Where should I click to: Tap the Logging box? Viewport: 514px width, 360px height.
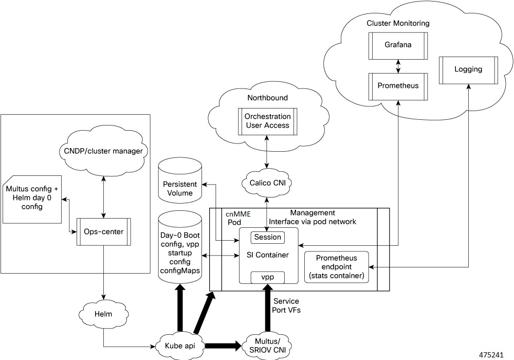(x=468, y=69)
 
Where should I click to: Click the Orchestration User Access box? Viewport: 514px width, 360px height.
(x=267, y=121)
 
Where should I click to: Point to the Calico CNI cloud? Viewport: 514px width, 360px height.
(x=266, y=182)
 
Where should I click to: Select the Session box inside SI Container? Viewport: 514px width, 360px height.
(x=267, y=237)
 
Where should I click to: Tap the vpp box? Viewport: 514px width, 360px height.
(x=267, y=277)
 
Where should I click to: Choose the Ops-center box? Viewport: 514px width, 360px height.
(x=104, y=232)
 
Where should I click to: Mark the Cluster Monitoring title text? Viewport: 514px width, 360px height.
(x=398, y=24)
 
